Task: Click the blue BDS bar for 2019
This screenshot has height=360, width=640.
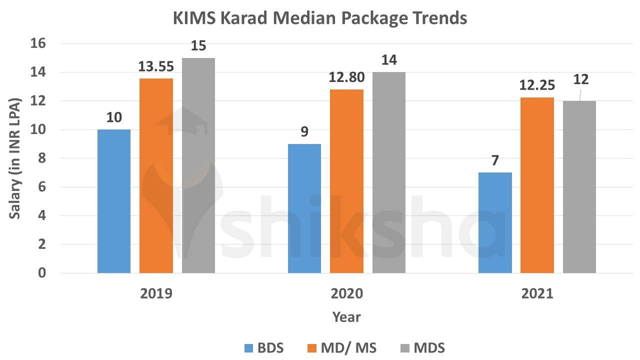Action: pyautogui.click(x=114, y=201)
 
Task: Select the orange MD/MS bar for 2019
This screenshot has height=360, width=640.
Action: pyautogui.click(x=156, y=175)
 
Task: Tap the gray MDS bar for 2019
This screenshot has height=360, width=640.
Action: pyautogui.click(x=198, y=165)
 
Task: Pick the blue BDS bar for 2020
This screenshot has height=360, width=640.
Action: pyautogui.click(x=304, y=208)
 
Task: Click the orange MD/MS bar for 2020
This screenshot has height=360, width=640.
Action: pyautogui.click(x=346, y=181)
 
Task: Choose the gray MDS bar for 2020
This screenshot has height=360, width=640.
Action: pyautogui.click(x=388, y=172)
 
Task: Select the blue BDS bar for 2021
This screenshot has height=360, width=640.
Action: pyautogui.click(x=495, y=222)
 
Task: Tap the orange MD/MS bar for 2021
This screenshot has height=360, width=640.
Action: pyautogui.click(x=537, y=185)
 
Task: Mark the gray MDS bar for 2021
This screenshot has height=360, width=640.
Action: pyautogui.click(x=579, y=186)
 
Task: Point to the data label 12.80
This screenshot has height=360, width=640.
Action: pyautogui.click(x=346, y=78)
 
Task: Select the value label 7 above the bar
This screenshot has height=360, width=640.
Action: pyautogui.click(x=494, y=161)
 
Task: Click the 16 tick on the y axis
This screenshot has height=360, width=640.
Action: pyautogui.click(x=39, y=43)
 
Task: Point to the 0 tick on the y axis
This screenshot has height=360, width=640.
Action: pyautogui.click(x=42, y=273)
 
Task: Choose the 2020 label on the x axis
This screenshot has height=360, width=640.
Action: pyautogui.click(x=346, y=293)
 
